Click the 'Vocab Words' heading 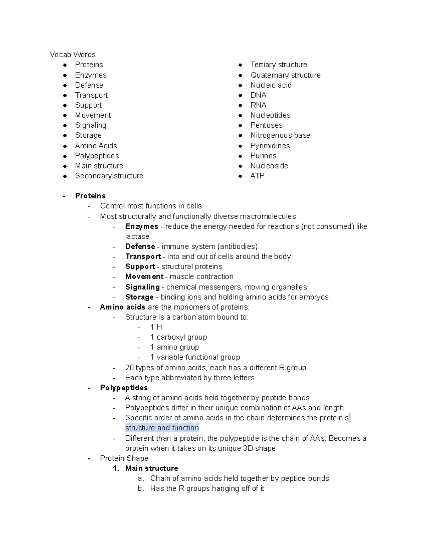point(72,55)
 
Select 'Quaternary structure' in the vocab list point(285,75)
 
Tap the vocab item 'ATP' point(257,176)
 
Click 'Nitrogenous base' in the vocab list point(280,136)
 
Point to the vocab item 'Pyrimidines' point(270,146)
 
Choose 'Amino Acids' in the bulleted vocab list point(96,146)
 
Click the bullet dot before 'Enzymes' point(65,75)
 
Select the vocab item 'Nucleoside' point(269,166)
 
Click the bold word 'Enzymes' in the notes point(141,227)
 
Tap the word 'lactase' point(137,237)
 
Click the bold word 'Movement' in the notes point(144,277)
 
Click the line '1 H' point(156,327)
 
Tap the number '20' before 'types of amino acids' point(129,368)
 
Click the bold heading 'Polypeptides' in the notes point(124,388)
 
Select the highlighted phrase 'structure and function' point(162,428)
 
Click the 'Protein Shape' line point(124,458)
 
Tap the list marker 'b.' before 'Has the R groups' point(141,489)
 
